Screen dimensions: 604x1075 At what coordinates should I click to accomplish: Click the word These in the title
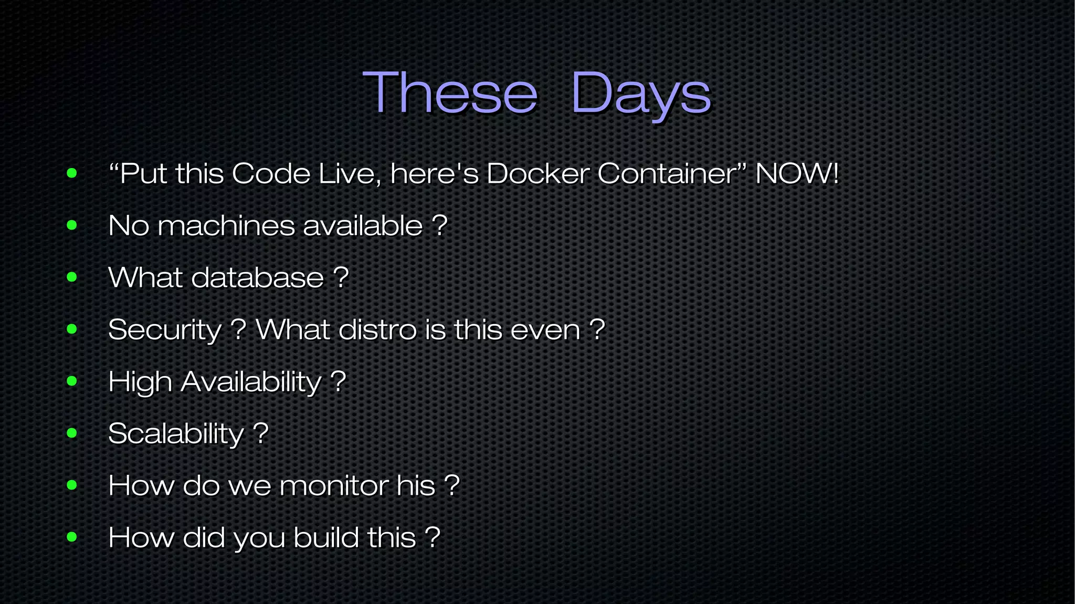click(x=450, y=93)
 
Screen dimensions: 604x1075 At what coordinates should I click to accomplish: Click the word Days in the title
click(x=640, y=95)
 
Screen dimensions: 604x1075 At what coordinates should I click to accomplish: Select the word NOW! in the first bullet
click(x=797, y=173)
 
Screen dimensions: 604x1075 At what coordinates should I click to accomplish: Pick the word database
click(x=257, y=277)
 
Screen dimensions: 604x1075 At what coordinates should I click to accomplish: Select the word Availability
click(x=251, y=382)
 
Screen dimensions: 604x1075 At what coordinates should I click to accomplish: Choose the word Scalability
click(x=176, y=434)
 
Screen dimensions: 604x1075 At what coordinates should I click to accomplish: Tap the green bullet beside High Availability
click(x=72, y=381)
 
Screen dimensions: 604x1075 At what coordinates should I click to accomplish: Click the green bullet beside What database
click(x=72, y=277)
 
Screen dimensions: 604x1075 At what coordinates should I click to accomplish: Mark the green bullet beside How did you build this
click(x=72, y=537)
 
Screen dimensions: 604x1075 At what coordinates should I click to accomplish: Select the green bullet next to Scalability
click(x=72, y=433)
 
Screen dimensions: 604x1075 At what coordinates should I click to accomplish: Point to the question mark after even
click(x=597, y=329)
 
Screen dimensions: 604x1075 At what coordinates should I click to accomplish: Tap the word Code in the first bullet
click(x=271, y=173)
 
